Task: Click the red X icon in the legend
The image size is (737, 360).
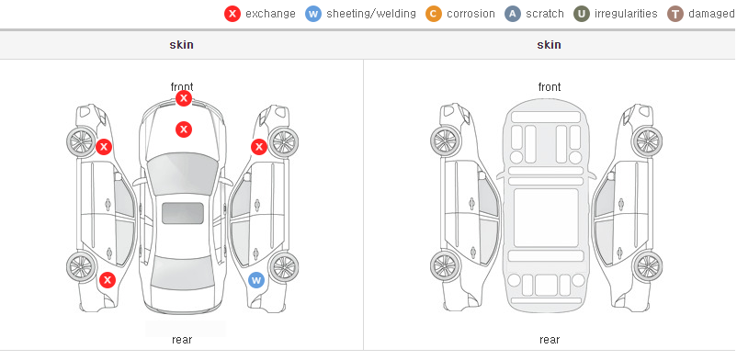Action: (x=232, y=14)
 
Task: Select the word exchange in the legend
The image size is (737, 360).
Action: (x=270, y=14)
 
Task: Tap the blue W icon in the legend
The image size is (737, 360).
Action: (x=313, y=14)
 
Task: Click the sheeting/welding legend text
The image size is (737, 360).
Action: (x=371, y=14)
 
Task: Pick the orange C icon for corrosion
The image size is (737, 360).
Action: (x=434, y=14)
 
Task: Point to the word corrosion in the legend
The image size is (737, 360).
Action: (x=471, y=14)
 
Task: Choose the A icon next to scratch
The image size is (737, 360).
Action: (x=513, y=14)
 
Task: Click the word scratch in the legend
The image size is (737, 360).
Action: (x=545, y=14)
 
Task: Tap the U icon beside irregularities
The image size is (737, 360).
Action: (x=582, y=14)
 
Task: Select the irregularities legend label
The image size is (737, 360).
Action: (x=626, y=14)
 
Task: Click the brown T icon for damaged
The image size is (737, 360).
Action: (x=675, y=14)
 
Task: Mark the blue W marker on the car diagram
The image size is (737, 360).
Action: (x=256, y=281)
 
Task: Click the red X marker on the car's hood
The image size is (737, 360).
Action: (x=184, y=129)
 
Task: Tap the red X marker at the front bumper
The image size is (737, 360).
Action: (x=184, y=98)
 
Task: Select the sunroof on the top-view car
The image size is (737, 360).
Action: (x=183, y=213)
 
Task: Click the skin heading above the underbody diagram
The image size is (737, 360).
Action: (x=549, y=45)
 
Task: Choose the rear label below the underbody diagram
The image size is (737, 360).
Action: (x=550, y=339)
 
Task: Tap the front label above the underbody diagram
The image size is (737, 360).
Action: (x=550, y=87)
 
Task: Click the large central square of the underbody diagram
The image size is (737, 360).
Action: (x=546, y=218)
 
